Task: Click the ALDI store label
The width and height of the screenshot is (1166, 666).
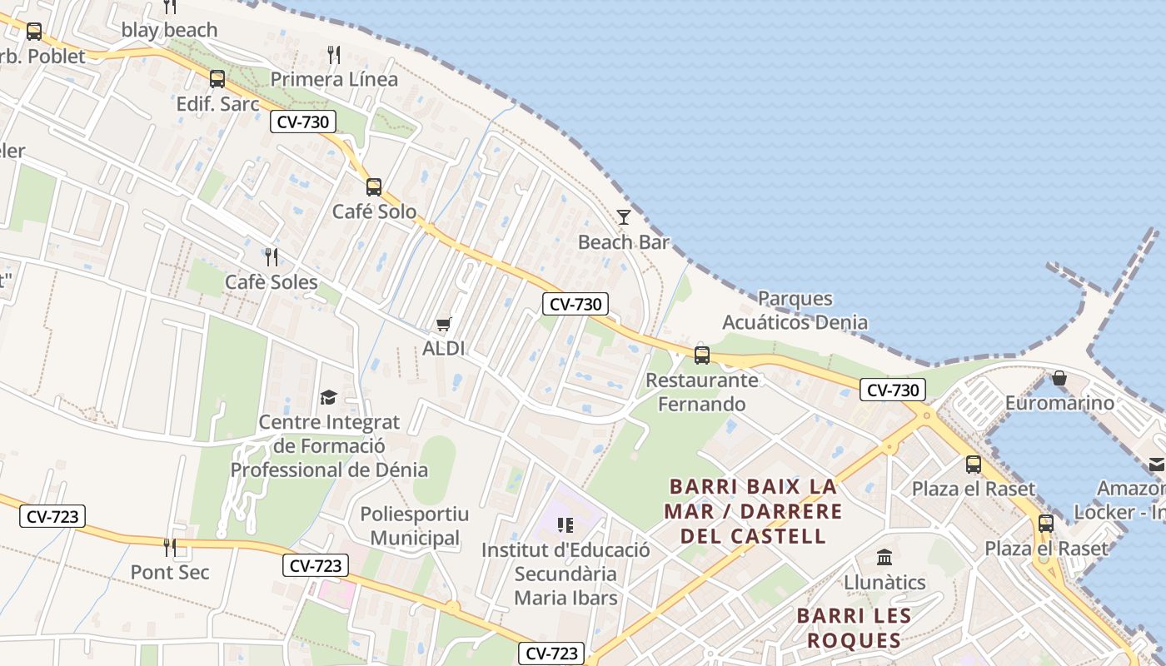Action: coord(443,348)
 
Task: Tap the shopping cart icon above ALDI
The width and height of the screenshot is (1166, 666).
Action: coord(443,324)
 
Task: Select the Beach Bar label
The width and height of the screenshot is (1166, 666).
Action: coord(624,242)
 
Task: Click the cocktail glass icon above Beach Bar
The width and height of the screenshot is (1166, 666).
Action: coord(624,217)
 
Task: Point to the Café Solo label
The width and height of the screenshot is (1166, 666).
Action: coord(374,211)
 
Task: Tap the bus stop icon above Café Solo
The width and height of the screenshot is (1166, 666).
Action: coord(374,187)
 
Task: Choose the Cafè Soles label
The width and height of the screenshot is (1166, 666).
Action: coord(272,282)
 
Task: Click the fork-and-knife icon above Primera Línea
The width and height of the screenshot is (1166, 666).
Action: coord(334,55)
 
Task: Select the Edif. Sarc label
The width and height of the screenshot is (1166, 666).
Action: coord(218,104)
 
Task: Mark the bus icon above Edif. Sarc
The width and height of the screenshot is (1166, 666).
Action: coord(217,79)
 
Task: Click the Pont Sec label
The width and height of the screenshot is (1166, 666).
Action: coord(170,572)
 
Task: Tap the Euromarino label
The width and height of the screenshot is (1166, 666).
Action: coord(1059,403)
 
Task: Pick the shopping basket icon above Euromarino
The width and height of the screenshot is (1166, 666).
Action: coord(1059,379)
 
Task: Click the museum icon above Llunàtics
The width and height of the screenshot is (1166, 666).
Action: coord(884,557)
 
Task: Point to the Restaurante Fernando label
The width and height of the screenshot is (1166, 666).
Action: coord(702,392)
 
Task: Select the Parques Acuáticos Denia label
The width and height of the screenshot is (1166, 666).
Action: coord(795,310)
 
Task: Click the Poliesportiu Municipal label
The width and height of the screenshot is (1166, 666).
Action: coord(415,525)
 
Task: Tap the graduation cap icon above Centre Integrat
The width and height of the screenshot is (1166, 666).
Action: coord(328,397)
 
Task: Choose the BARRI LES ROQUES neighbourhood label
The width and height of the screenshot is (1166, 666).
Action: coord(854,628)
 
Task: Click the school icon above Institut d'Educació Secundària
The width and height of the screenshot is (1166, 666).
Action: coord(566,525)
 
